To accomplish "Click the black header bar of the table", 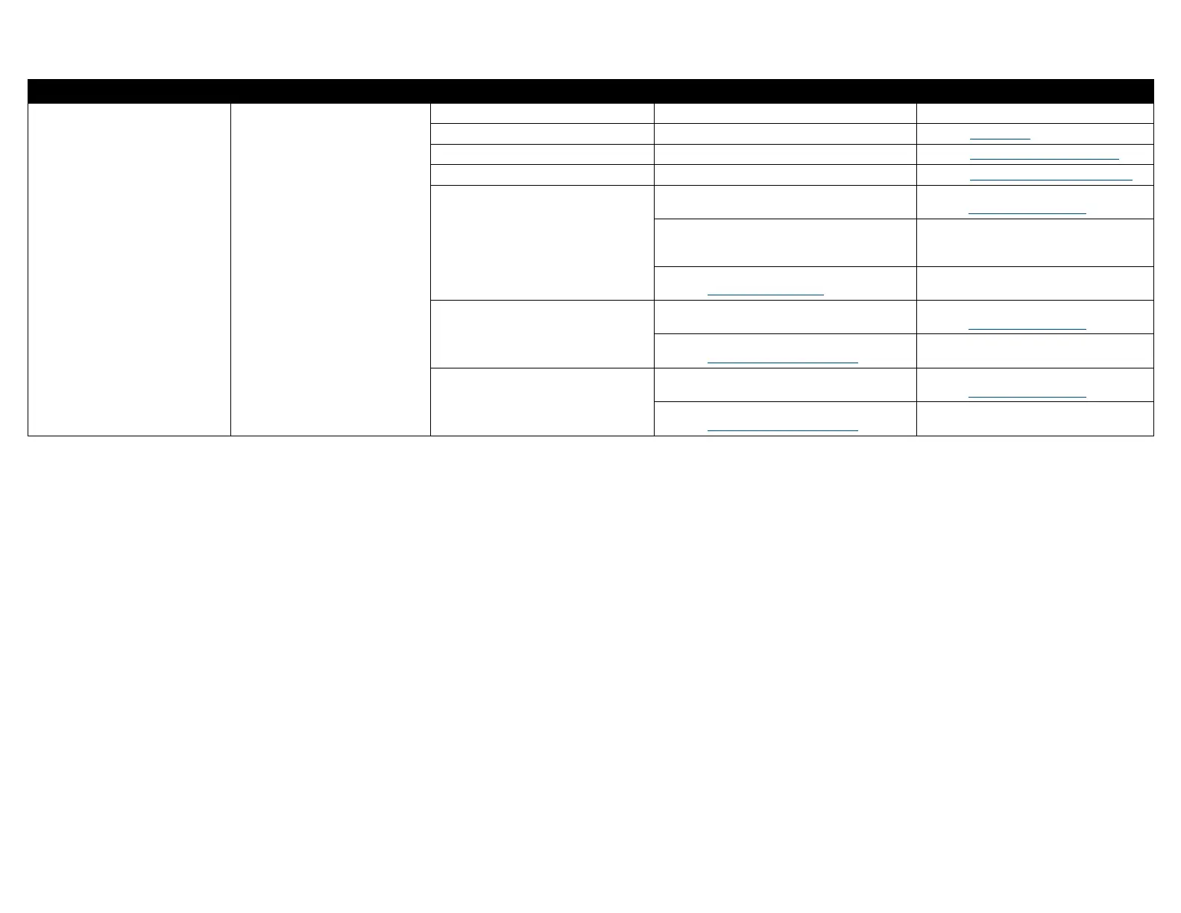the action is [590, 91].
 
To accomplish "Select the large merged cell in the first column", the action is [129, 269].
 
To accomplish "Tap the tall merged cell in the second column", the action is [330, 269].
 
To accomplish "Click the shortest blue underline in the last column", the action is [1000, 139].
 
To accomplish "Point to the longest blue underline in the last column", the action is [1051, 180].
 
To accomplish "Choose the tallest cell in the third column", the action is [542, 242].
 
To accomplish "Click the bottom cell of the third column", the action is [542, 401].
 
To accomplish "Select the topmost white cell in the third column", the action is [542, 113].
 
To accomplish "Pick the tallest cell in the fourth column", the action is [785, 242].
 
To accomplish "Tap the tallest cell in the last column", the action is [1035, 242].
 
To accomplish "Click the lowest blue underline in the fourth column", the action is [782, 430].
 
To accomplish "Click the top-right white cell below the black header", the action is [1035, 113].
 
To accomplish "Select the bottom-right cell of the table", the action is [1035, 418].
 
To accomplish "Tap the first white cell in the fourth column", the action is [785, 113].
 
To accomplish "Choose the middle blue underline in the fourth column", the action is [782, 363].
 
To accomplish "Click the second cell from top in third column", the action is [542, 134].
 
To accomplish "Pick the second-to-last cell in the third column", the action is [542, 333].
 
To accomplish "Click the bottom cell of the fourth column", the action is [785, 418].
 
